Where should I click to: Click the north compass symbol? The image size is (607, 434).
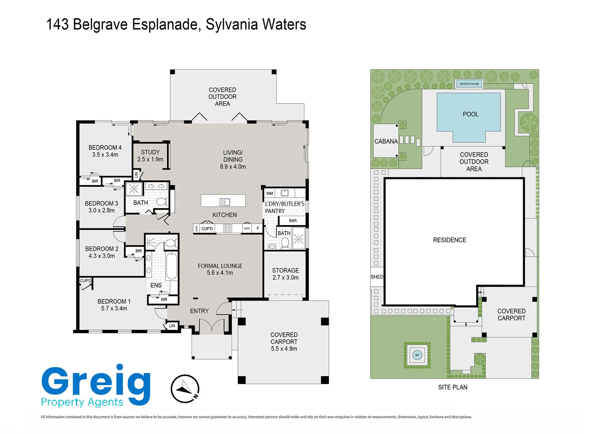[185, 389]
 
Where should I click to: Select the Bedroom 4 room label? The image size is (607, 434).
[105, 147]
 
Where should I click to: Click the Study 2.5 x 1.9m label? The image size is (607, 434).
[150, 156]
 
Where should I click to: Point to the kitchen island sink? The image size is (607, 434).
[224, 202]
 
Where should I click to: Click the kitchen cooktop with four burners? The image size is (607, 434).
[227, 228]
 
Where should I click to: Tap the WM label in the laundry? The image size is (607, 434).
[270, 193]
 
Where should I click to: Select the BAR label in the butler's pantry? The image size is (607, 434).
[293, 221]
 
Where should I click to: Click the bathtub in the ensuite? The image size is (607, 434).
[171, 266]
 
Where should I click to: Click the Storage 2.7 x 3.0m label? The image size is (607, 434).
[285, 274]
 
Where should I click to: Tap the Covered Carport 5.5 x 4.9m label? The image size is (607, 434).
[284, 342]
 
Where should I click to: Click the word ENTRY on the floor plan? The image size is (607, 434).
[199, 311]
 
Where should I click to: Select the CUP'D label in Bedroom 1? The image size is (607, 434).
[86, 281]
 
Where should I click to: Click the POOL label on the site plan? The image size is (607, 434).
[471, 114]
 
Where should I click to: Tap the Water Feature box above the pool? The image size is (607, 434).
[469, 84]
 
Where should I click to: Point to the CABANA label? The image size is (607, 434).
[386, 141]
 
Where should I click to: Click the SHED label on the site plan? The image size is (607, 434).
[377, 277]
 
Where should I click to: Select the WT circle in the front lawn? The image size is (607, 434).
[417, 355]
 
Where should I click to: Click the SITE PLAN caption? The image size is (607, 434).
[452, 387]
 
